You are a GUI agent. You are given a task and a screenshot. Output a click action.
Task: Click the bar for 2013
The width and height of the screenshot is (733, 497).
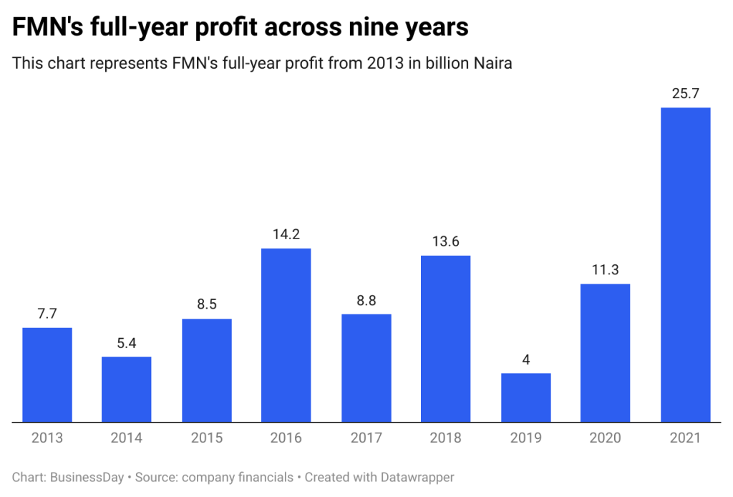pyautogui.click(x=47, y=375)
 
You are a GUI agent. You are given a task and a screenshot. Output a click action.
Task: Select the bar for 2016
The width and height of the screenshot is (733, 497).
pyautogui.click(x=286, y=335)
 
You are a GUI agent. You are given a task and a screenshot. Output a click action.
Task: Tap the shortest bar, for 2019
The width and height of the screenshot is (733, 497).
pyautogui.click(x=526, y=397)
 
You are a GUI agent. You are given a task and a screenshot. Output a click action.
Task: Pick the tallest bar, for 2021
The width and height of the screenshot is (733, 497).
pyautogui.click(x=685, y=265)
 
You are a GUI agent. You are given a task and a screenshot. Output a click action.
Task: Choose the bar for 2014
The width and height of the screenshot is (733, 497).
pyautogui.click(x=127, y=390)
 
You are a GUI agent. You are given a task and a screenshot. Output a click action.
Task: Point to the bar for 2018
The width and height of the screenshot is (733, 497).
pyautogui.click(x=446, y=339)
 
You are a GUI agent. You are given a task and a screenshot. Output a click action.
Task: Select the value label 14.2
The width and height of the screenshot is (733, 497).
pyautogui.click(x=286, y=234)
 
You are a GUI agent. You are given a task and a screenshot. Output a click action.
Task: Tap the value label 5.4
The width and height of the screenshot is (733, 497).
pyautogui.click(x=127, y=342)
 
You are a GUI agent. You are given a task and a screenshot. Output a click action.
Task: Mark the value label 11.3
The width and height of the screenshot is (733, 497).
pyautogui.click(x=606, y=270)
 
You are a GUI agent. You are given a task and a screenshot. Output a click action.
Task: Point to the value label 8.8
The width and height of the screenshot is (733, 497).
pyautogui.click(x=366, y=300)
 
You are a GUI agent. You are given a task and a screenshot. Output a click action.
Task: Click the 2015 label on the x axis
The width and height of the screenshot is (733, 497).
pyautogui.click(x=207, y=438)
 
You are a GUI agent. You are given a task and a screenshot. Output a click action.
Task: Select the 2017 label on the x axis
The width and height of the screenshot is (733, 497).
pyautogui.click(x=366, y=438)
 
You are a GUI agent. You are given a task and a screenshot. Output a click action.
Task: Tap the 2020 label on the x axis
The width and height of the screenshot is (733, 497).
pyautogui.click(x=606, y=438)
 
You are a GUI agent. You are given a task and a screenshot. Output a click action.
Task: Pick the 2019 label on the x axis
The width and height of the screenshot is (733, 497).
pyautogui.click(x=526, y=438)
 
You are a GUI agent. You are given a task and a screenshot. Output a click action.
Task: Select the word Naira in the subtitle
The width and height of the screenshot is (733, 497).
pyautogui.click(x=493, y=64)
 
